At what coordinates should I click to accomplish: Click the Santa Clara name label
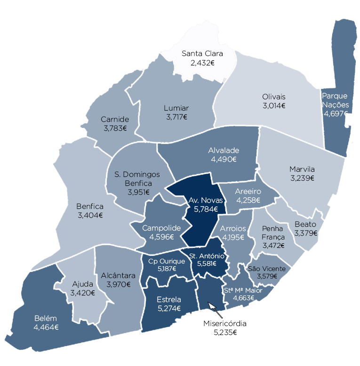point(202,53)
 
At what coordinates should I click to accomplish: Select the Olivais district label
point(274,97)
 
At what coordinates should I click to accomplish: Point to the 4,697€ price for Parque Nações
point(335,113)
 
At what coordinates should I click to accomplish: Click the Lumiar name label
point(176,108)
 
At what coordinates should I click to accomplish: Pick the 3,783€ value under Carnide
point(115,128)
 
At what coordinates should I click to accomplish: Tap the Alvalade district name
point(224,151)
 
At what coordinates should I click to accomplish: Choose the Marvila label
point(302,169)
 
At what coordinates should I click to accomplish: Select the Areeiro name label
point(248,191)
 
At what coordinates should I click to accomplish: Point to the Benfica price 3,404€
point(90,215)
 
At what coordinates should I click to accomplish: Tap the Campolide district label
point(161,228)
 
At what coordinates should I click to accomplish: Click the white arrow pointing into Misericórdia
point(212,307)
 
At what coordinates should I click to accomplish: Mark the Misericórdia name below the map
point(224,324)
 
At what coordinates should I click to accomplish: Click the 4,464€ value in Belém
point(46,327)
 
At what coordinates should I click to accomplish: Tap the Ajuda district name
point(82,284)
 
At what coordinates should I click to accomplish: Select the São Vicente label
point(266,268)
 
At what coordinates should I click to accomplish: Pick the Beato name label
point(305,224)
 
